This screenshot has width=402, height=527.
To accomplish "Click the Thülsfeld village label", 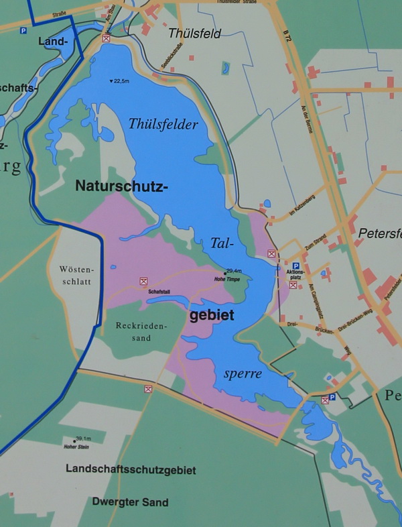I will click(195, 33).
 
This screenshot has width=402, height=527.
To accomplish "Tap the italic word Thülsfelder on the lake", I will click(163, 124).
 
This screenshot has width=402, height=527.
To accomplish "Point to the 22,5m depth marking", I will click(121, 82).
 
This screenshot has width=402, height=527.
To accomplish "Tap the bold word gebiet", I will click(212, 316).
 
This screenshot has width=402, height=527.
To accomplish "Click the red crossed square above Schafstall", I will click(143, 282).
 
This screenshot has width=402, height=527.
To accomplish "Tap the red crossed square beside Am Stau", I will click(105, 39).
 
